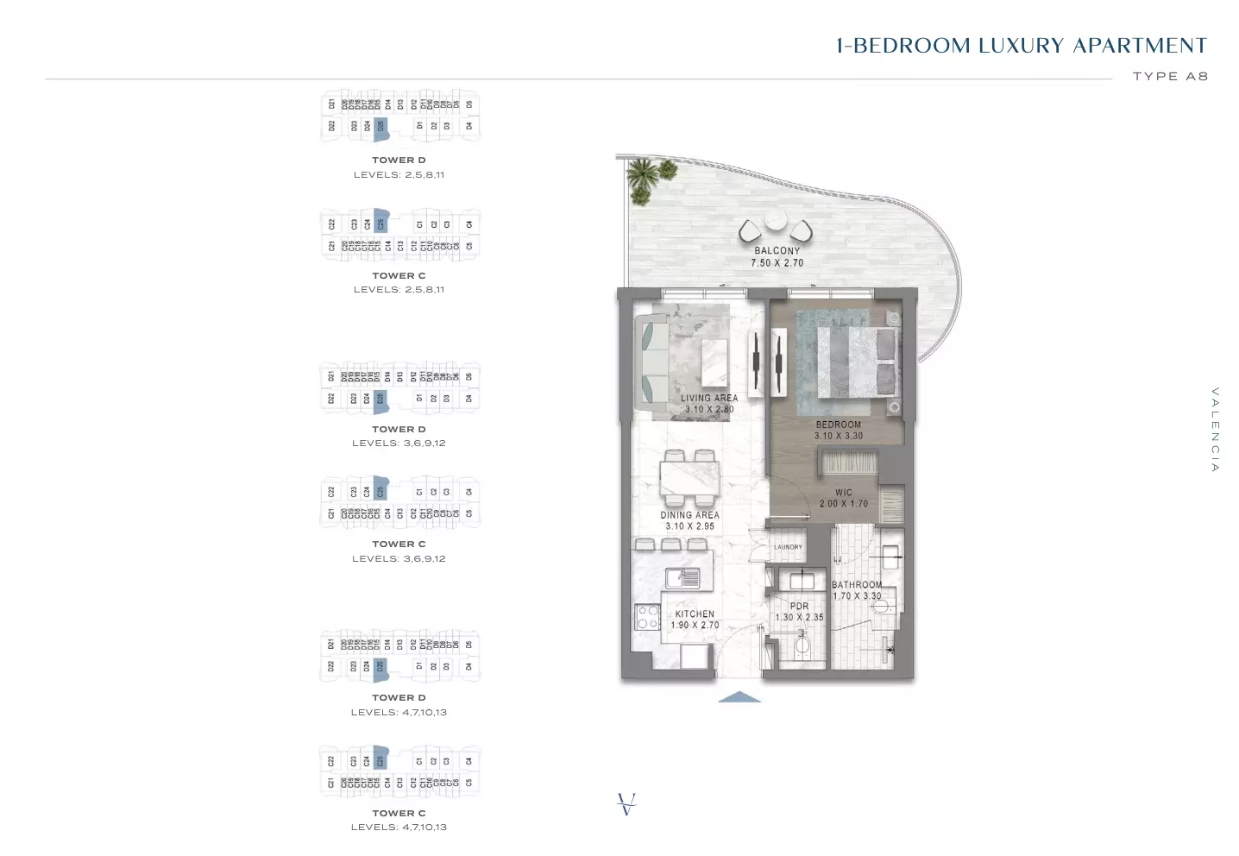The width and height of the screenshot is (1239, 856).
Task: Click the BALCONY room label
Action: pos(777,250)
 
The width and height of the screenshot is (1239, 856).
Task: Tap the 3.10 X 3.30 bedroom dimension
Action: pos(838,436)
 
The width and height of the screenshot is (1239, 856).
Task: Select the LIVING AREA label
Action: pos(708,398)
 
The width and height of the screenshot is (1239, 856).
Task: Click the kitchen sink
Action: pos(682,577)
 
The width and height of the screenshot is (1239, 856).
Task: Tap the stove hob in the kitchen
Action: pos(646,616)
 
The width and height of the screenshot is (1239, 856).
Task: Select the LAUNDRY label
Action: pos(788,547)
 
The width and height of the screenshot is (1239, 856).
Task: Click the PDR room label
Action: pos(799,606)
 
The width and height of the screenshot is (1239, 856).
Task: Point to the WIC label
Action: pos(843,493)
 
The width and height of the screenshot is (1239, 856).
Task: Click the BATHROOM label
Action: pos(856,584)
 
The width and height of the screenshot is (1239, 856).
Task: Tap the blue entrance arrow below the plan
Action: pos(739,697)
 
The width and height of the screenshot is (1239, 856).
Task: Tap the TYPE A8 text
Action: pos(1169,76)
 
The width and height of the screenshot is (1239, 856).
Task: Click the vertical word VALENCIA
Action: pos(1215,429)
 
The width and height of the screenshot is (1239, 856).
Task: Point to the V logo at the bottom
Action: pos(627,804)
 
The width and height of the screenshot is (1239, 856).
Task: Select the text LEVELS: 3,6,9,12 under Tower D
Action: pos(399,443)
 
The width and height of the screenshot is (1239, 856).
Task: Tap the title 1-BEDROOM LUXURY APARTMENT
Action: pos(1022,46)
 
